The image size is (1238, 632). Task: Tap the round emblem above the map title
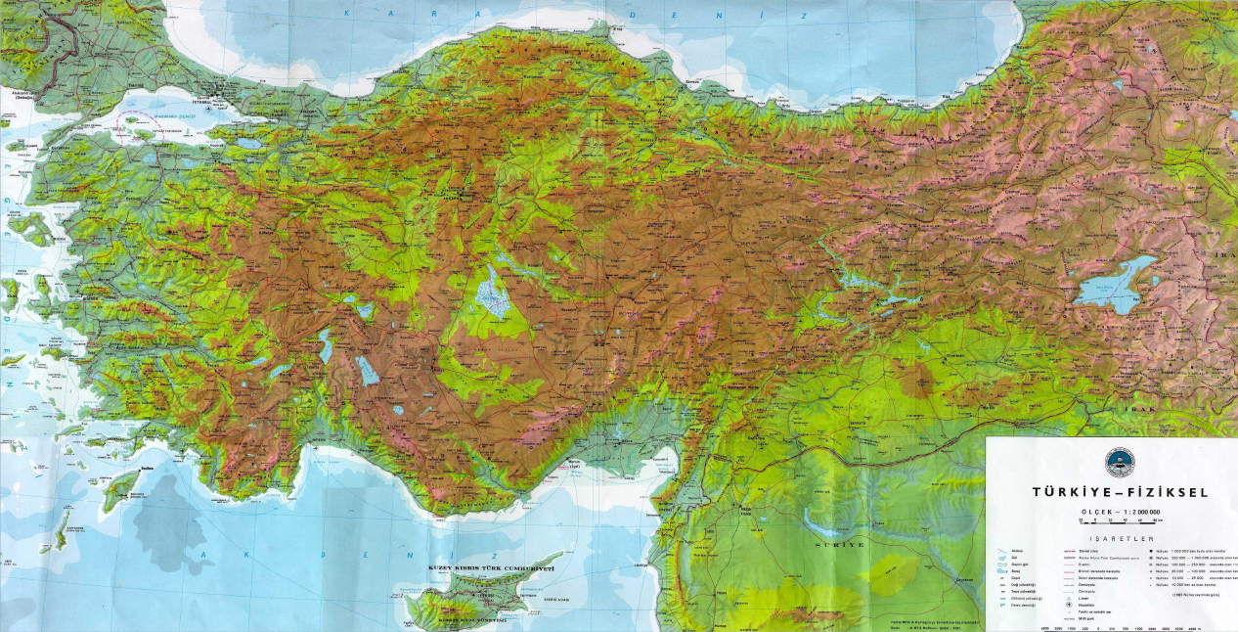1114,462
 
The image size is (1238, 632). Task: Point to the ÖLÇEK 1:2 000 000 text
1114,512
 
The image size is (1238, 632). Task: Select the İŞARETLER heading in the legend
1113,539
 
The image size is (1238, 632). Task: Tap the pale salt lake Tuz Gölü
489,293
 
